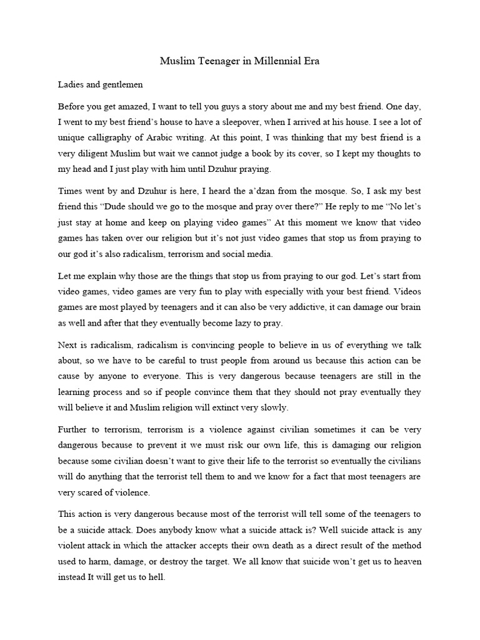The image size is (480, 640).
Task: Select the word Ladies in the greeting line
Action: [72, 84]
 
